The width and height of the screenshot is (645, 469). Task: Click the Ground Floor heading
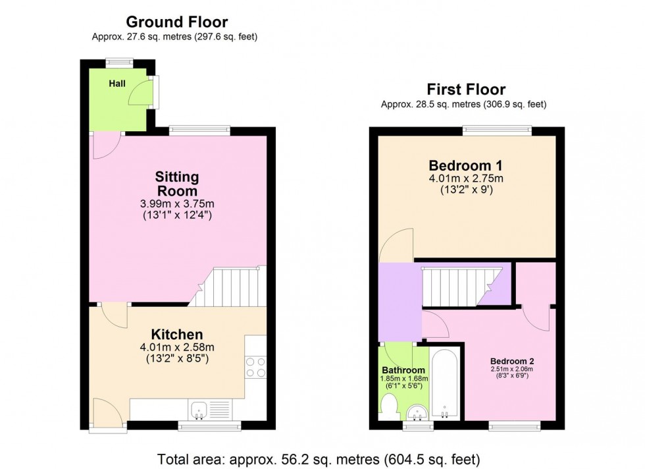[x=176, y=22]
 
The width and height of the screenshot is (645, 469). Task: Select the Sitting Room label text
[x=176, y=184]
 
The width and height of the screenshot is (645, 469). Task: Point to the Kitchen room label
[x=176, y=334]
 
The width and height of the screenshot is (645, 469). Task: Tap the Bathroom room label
[x=404, y=370]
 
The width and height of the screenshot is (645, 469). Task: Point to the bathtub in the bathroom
[x=447, y=384]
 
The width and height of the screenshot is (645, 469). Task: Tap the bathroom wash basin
[x=417, y=413]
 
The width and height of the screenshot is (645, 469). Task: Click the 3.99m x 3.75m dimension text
[x=176, y=204]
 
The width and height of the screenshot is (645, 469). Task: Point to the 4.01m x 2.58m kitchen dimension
[x=176, y=348]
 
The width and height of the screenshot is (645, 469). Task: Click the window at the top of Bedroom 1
[x=497, y=130]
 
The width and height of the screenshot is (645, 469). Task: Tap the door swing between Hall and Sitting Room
[x=105, y=145]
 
